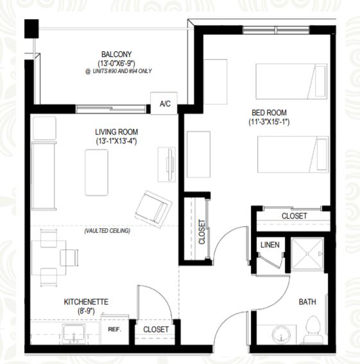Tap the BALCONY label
(x=116, y=54)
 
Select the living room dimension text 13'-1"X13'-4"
(x=116, y=141)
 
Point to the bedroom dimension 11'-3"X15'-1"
(x=269, y=122)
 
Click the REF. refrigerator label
(x=115, y=329)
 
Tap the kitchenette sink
(x=73, y=334)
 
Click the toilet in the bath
(x=313, y=329)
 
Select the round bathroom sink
(x=281, y=335)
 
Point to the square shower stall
(x=307, y=254)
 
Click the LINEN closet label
(x=270, y=245)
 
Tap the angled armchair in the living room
(x=153, y=209)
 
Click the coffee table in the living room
(x=96, y=172)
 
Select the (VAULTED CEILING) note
(x=107, y=231)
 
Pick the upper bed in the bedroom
(x=291, y=81)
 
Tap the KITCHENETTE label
(x=86, y=302)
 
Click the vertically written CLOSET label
(x=202, y=232)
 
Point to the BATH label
(x=307, y=302)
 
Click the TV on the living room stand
(x=170, y=164)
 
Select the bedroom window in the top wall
(x=276, y=30)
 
